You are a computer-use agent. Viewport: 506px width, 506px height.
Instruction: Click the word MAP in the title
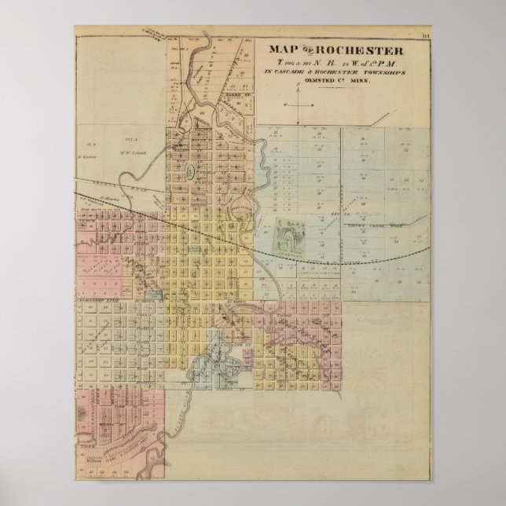pyautogui.click(x=281, y=49)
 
